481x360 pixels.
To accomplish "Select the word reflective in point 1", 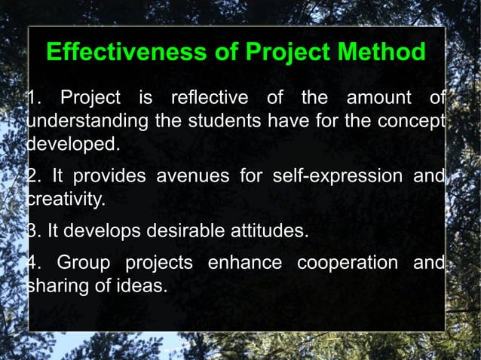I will [x=210, y=99].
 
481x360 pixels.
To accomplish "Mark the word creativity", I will [x=66, y=200].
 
